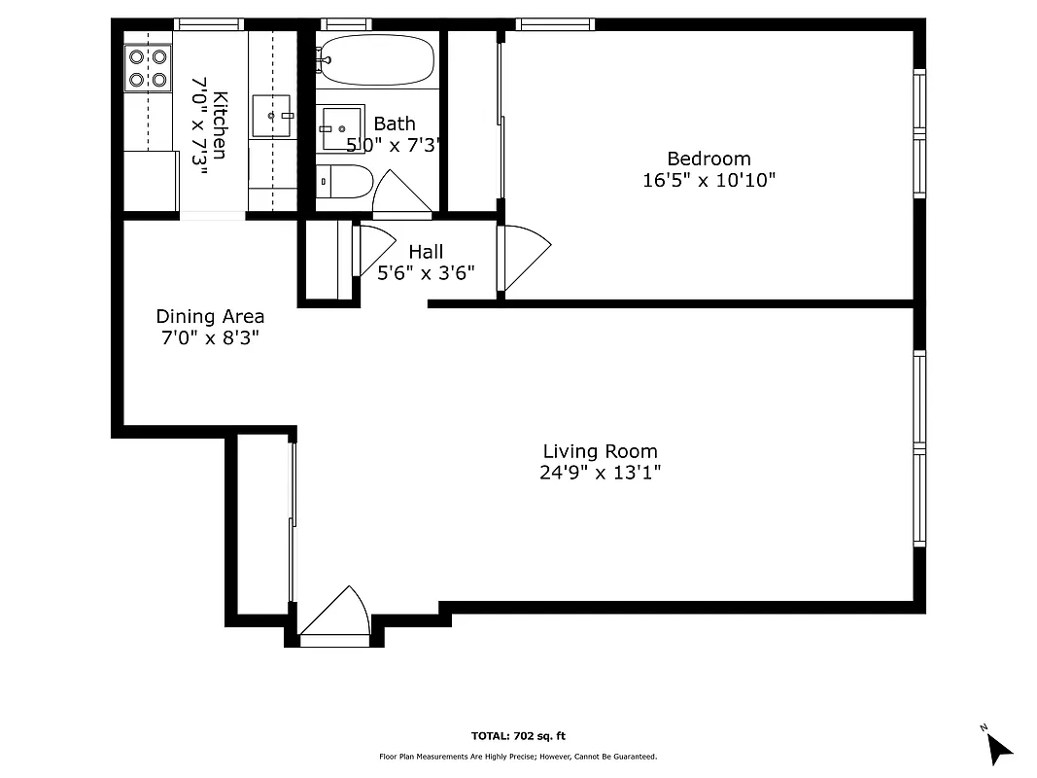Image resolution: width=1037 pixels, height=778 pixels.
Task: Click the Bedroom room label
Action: click(x=709, y=159)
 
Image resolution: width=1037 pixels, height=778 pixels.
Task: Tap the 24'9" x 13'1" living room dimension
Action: click(x=600, y=473)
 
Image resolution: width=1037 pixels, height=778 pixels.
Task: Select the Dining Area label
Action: click(x=210, y=316)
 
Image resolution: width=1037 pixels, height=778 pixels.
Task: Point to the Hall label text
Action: click(x=426, y=252)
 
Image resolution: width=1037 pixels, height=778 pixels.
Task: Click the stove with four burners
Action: click(x=147, y=68)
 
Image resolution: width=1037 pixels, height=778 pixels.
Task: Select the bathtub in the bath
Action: click(x=375, y=61)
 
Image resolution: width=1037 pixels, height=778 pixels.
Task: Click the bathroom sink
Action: click(x=341, y=128)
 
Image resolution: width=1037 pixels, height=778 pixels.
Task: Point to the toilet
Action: click(x=345, y=182)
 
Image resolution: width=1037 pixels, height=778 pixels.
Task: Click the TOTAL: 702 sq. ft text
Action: click(x=517, y=736)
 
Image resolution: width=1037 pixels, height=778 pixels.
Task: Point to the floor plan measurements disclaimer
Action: click(x=517, y=757)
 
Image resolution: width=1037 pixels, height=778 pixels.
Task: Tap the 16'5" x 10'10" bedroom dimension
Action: click(x=709, y=180)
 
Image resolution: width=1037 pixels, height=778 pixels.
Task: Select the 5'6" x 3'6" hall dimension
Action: click(x=426, y=273)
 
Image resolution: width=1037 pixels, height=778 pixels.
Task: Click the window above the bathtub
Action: click(x=346, y=24)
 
